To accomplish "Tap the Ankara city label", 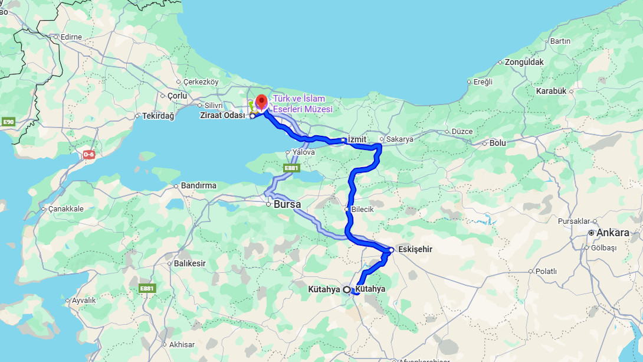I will [612, 233].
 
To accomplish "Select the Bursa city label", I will [287, 204].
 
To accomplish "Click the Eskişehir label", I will [415, 249].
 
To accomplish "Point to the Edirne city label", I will [71, 37].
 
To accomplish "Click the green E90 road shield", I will [8, 122].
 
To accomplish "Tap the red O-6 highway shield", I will [88, 155].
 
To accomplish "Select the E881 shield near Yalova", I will [291, 168].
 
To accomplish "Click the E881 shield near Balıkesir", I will [147, 288].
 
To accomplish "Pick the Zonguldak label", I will [524, 61].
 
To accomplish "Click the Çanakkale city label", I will [65, 208].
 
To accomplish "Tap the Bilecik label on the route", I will [362, 210].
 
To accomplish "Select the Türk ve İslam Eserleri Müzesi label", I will [303, 104].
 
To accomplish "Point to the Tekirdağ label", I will [158, 116].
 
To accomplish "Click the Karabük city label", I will [551, 91].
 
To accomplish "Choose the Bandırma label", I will [198, 185].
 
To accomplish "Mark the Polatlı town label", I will [546, 271].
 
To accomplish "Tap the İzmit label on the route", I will [357, 139].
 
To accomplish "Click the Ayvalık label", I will [83, 300].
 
